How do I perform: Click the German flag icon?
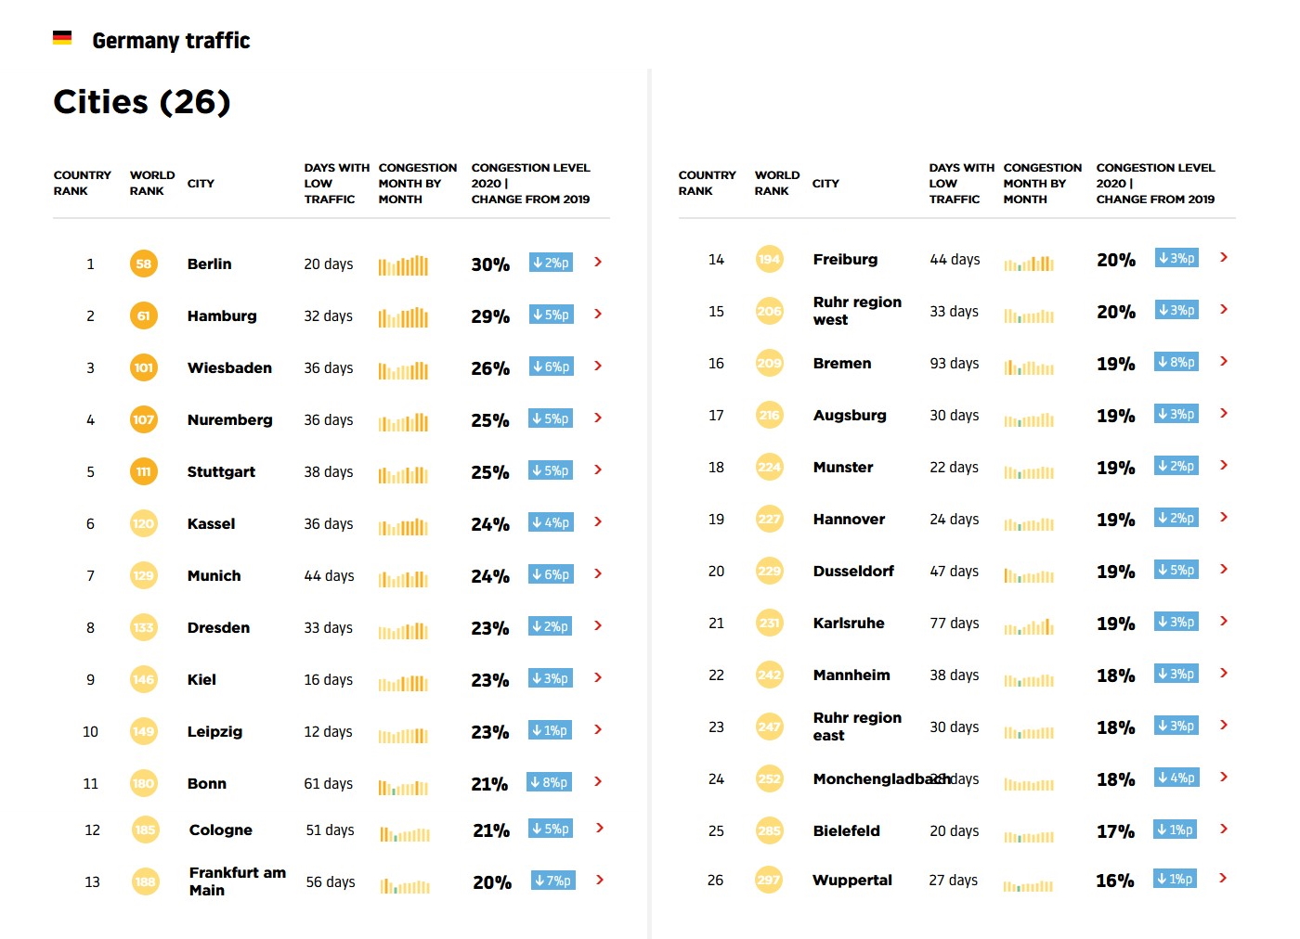point(62,38)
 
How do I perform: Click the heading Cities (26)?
point(142,102)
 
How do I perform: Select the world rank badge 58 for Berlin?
point(143,264)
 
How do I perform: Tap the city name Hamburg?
point(222,316)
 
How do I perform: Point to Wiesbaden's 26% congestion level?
point(490,368)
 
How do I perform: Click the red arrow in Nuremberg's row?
point(598,418)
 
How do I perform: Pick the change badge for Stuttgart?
point(552,471)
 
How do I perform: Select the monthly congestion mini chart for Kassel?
point(403,526)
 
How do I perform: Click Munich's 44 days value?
point(329,576)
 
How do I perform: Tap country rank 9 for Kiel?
point(90,680)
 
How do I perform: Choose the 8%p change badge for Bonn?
point(550,783)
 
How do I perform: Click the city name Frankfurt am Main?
point(237,881)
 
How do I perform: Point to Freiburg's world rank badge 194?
point(769,260)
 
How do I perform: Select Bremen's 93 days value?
point(955,364)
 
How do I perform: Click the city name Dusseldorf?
point(853,572)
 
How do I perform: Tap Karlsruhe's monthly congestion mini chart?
point(1029,626)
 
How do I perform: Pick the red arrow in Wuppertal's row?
point(1223,878)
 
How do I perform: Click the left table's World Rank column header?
point(152,184)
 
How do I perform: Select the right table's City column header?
point(825,184)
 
